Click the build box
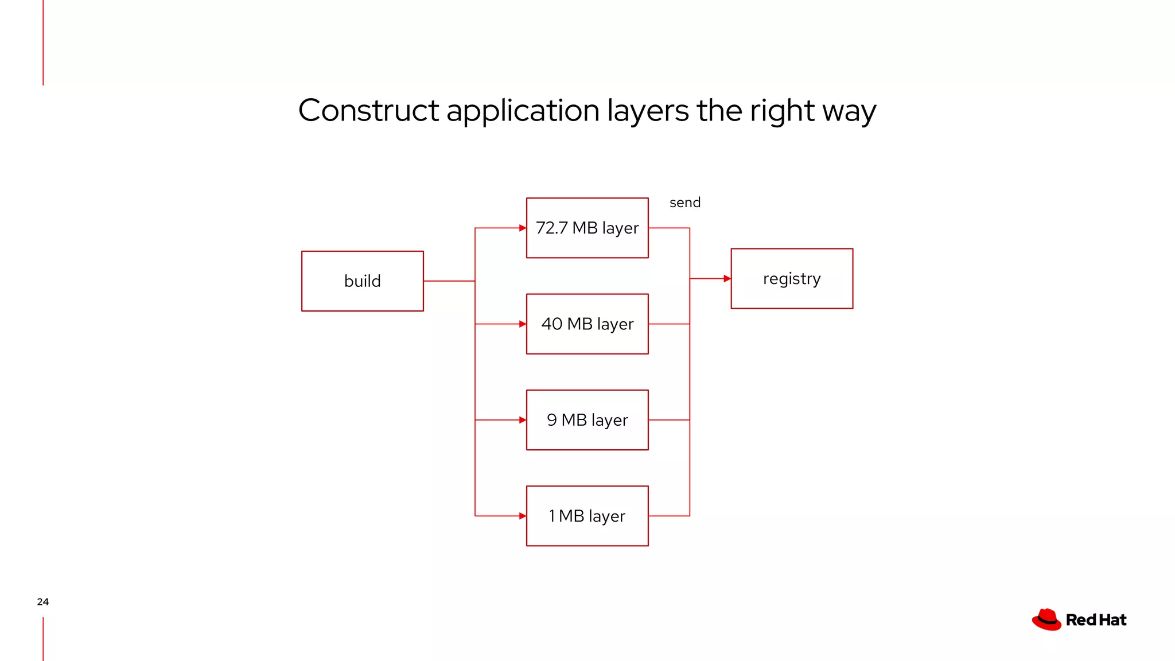(362, 281)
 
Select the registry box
(791, 279)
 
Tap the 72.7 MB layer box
(587, 228)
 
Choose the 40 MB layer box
(587, 324)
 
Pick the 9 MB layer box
(587, 420)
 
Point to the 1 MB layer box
(587, 516)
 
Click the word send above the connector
(684, 203)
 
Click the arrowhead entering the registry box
(727, 279)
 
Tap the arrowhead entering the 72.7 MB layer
(523, 228)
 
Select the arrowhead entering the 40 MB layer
(523, 324)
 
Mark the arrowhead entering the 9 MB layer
(523, 420)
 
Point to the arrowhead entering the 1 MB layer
(523, 516)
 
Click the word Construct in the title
(368, 110)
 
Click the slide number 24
(42, 602)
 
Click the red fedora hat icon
(1046, 620)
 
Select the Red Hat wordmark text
(1096, 620)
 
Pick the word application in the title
(523, 111)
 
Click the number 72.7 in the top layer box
(551, 228)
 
